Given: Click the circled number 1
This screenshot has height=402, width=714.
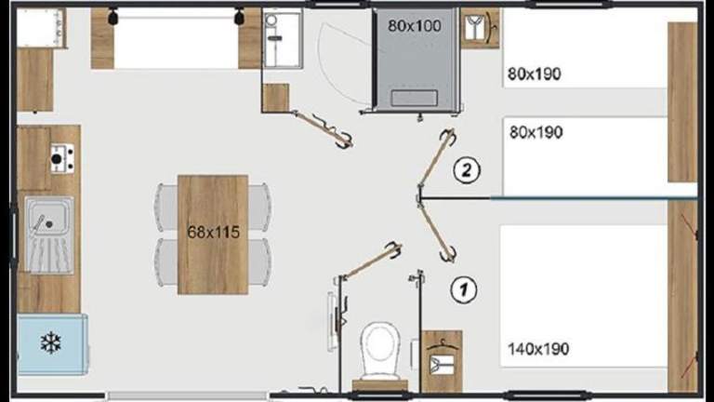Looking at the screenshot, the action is coord(464,289).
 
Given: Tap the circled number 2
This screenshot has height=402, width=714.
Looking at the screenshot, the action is coord(467,170).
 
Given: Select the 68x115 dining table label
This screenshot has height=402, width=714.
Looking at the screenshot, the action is coord(213,232).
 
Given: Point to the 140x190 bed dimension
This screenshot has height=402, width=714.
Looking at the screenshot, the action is coord(538,349).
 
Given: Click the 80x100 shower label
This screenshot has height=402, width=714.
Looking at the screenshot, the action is coord(415,26).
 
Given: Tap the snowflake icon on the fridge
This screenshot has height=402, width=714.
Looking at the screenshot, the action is coord(50,342).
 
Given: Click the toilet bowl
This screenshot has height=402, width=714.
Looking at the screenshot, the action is coord(379,350).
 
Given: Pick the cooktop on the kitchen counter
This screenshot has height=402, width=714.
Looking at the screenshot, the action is coord(62,158).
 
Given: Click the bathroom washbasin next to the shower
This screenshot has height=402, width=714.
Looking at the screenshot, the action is coord(283,40).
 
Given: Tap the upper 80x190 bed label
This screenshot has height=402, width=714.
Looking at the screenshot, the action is coord(535,74).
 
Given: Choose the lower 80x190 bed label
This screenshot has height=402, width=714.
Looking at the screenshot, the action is coord(535,132).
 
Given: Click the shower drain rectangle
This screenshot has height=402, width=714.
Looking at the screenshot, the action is coord(414,98).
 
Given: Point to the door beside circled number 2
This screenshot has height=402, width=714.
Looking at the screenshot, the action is coord(436,158).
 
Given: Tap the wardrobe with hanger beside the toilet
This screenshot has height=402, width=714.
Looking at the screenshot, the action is coord(442,361).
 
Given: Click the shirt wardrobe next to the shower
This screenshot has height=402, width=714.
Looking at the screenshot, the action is coord(480,28).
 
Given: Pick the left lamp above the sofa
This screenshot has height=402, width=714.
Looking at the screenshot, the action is coord(112,17).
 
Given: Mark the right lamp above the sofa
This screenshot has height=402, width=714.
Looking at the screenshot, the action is coord(239,17).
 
